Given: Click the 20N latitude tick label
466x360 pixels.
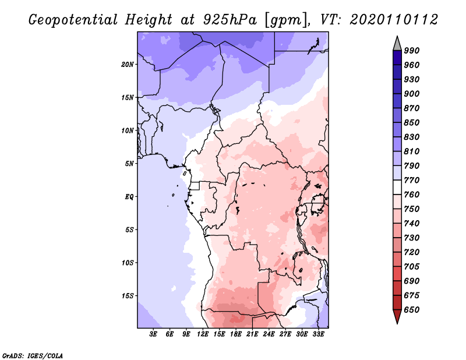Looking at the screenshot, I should pos(128,64).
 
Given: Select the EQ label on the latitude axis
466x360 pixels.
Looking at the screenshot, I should pos(130,196).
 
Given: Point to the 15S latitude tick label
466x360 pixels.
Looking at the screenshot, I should pos(128,295).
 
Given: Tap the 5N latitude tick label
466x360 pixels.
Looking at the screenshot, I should pos(130,164).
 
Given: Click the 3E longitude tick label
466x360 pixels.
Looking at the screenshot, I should pos(154,334).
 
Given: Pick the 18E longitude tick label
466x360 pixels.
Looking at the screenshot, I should pos(236,334).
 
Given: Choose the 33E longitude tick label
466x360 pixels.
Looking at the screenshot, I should pos(318,334).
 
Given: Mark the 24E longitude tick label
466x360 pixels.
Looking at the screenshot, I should pos(269,334).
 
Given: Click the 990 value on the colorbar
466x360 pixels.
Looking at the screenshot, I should pos(412,51).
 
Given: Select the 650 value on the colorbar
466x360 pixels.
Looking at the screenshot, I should pos(412,310).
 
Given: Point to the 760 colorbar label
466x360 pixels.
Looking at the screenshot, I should pos(412,195).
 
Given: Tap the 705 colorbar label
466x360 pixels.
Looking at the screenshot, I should pos(412,267).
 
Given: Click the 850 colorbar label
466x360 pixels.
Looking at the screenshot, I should pos(412,123).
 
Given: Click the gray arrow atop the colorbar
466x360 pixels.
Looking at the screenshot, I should pos(397,43).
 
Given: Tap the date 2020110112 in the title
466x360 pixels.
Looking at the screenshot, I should pos(394,20).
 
